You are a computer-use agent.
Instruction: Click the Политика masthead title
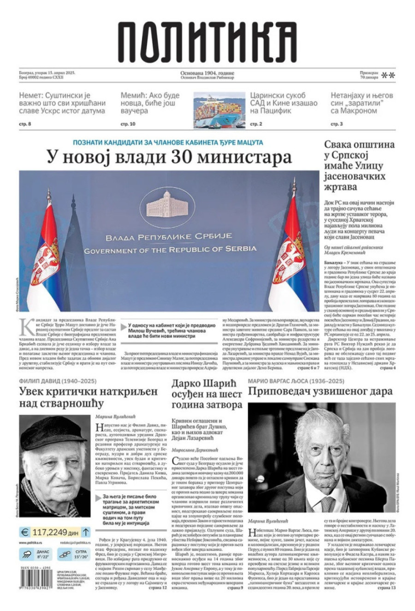tap(207, 42)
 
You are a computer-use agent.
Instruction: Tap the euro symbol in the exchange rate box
tap(25, 532)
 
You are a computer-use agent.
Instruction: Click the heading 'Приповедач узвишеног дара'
tap(320, 391)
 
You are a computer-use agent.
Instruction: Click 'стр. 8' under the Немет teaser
tap(25, 124)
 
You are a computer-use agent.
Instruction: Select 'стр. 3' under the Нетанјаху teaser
tap(337, 124)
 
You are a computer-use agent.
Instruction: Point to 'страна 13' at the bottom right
tap(386, 588)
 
